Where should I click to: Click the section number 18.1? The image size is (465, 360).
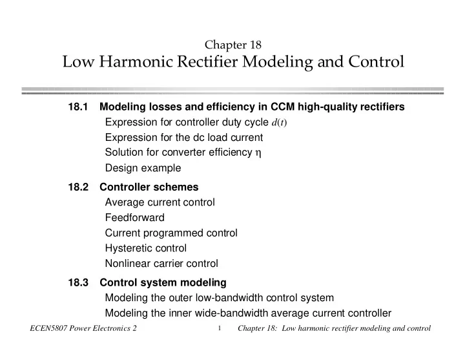point(78,107)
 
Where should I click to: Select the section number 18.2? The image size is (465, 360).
point(78,187)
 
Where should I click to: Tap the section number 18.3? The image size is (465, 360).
point(78,282)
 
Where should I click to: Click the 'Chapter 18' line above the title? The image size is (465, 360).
point(232,45)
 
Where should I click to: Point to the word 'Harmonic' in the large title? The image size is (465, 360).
point(136,62)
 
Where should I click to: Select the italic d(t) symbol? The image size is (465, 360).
point(279,122)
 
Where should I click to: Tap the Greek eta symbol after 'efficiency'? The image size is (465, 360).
point(258,153)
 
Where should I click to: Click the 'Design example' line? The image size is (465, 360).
point(143,168)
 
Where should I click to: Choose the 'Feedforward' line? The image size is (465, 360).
point(134,218)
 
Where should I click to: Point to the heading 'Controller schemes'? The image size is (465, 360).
point(149,187)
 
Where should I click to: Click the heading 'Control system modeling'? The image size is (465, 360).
point(163,282)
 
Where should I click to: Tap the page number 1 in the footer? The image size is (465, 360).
point(220,328)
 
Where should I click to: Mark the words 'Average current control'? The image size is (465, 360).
point(160,202)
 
